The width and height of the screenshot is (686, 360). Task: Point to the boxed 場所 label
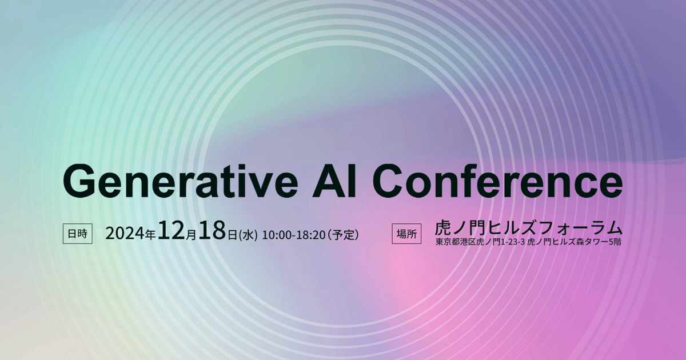[406, 234]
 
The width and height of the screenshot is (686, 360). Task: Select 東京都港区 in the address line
[455, 242]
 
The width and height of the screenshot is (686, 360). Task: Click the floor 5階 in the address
[613, 242]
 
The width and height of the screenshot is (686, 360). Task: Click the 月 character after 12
[192, 234]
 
